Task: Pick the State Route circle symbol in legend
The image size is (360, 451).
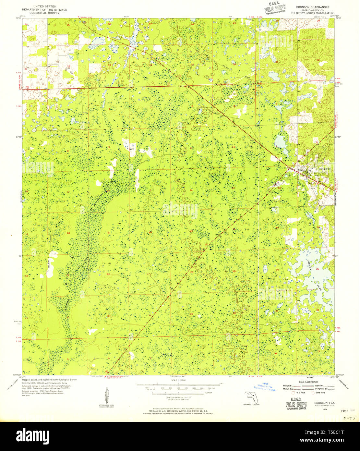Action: [313, 393]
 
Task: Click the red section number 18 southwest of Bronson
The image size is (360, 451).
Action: [279, 188]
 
